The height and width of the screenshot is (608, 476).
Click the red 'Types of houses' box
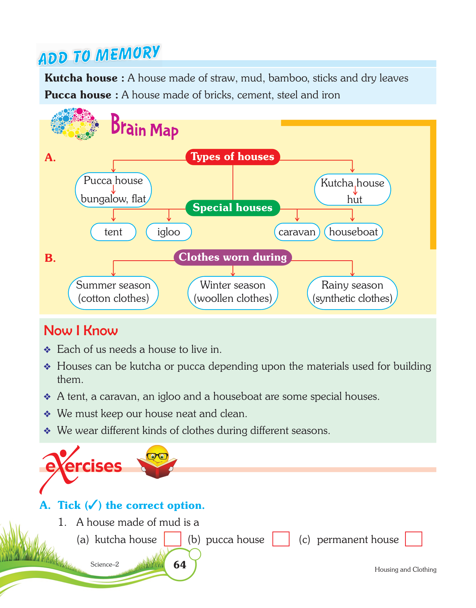point(232,157)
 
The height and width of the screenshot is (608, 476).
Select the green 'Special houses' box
point(232,208)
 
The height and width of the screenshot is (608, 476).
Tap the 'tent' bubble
point(113,232)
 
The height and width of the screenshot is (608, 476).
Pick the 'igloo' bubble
point(169,232)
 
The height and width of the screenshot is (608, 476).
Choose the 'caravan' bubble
point(297,232)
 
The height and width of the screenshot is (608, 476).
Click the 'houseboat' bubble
point(353,232)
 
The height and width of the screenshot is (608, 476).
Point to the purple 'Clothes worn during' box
point(232,257)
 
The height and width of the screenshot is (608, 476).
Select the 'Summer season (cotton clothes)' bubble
point(113,292)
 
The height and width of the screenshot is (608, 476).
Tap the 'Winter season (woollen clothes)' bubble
point(232,292)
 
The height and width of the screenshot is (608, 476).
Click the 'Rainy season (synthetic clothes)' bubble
point(352,292)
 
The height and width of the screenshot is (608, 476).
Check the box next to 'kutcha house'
point(172,539)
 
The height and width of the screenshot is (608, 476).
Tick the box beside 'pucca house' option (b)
point(281,539)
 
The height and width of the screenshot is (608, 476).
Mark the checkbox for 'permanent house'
point(414,539)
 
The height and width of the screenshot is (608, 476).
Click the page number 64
point(180,565)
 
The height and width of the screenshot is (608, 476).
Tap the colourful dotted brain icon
point(75,124)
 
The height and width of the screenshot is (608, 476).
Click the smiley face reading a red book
point(157,462)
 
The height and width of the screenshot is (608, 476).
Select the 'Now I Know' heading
point(81,330)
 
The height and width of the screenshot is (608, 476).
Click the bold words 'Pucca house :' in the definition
point(81,95)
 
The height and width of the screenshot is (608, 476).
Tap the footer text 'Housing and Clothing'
point(405,569)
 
